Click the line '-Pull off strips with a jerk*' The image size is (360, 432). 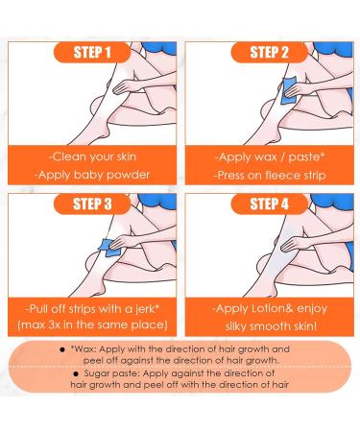[94, 307]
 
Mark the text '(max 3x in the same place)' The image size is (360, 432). [94, 326]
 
